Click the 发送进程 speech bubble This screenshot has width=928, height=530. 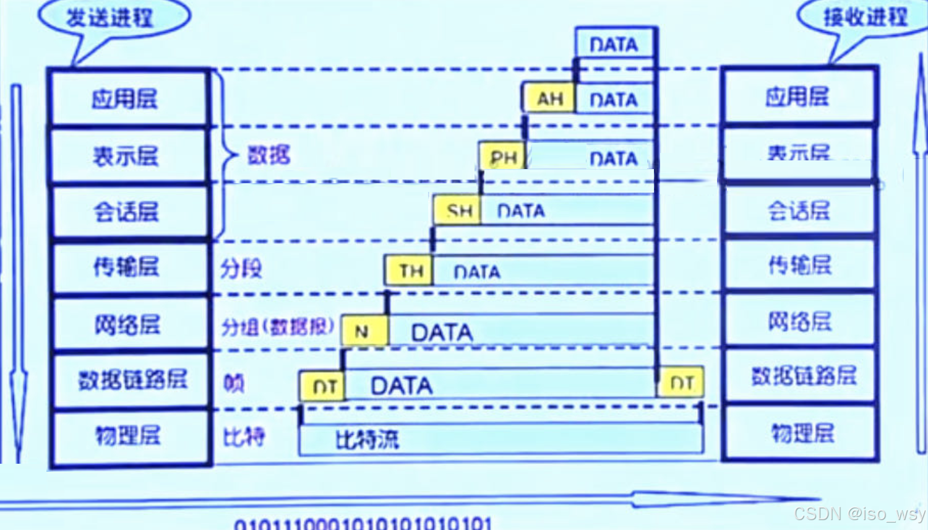tap(111, 19)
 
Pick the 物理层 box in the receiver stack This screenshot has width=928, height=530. tap(801, 433)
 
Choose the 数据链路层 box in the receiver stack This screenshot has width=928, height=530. tap(801, 376)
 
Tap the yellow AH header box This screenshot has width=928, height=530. tap(549, 98)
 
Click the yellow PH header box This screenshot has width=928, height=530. tap(502, 157)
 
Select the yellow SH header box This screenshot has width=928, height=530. tap(458, 211)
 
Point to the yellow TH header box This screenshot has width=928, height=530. tap(409, 271)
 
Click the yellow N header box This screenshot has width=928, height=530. tap(364, 331)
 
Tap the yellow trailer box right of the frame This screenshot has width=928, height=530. tap(682, 383)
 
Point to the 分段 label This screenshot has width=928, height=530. tap(241, 269)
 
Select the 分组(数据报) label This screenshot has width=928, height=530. tap(277, 326)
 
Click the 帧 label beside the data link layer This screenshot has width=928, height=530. tap(234, 383)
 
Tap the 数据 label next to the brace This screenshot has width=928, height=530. tap(269, 155)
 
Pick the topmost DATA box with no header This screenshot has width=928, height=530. tap(615, 43)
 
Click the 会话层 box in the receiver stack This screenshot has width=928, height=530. tap(799, 211)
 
